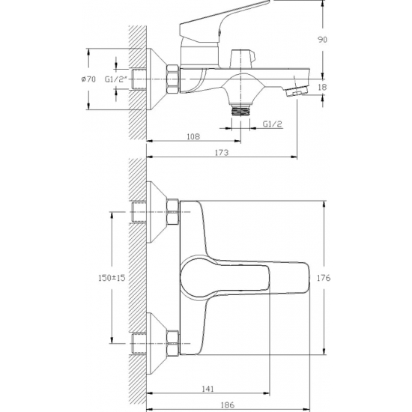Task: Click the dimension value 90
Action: pyautogui.click(x=322, y=40)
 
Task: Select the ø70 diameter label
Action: pyautogui.click(x=88, y=79)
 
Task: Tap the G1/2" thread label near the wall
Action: pyautogui.click(x=116, y=79)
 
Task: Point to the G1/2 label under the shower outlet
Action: pyautogui.click(x=272, y=124)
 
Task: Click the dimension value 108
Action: pyautogui.click(x=193, y=136)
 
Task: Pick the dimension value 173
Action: pyautogui.click(x=222, y=152)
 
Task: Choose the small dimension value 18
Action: pyautogui.click(x=322, y=87)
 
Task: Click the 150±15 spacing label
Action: pyautogui.click(x=112, y=278)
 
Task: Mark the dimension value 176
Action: pyautogui.click(x=324, y=278)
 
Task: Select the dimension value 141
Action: pyautogui.click(x=207, y=389)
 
